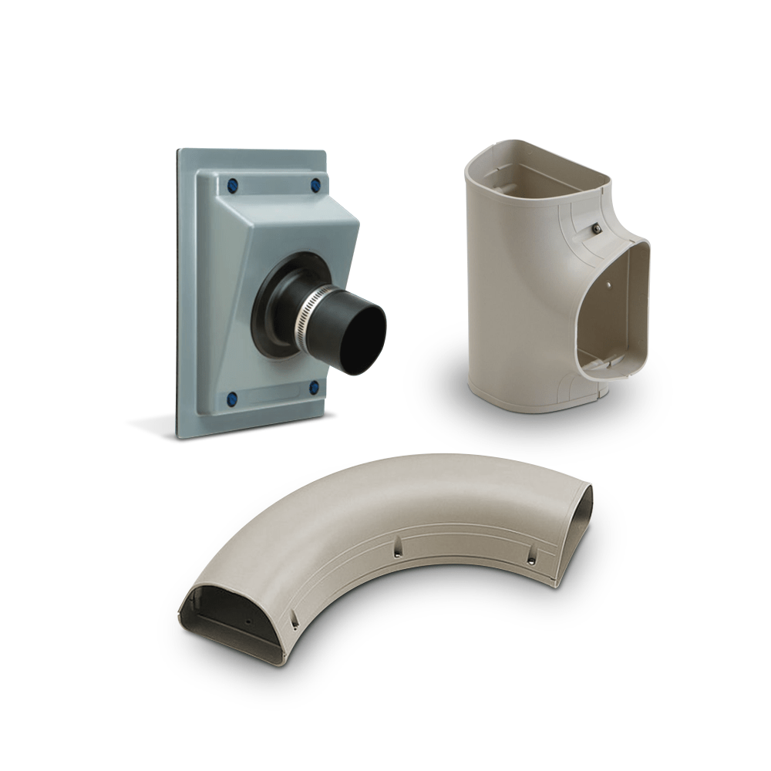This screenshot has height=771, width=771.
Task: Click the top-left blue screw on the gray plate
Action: tap(232, 186)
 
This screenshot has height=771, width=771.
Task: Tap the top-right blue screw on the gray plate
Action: tap(315, 186)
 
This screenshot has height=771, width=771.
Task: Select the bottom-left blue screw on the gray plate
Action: tap(231, 399)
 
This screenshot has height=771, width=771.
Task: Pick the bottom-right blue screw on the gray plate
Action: tap(314, 387)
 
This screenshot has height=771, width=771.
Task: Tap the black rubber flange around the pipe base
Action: tap(270, 308)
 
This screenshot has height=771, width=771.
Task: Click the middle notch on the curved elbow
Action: tap(398, 548)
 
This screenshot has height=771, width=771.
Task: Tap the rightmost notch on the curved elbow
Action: tap(531, 558)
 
